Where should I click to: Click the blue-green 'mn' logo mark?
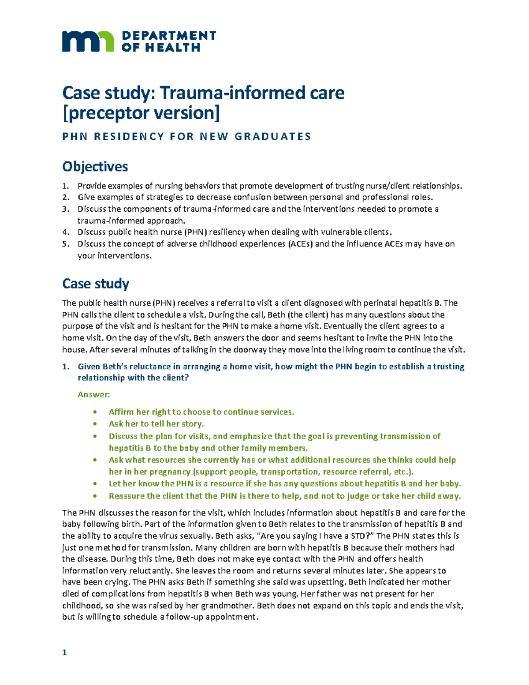click(87, 41)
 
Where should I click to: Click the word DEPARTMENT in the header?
click(168, 36)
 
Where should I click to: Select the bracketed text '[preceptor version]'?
click(141, 113)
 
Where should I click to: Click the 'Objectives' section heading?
click(95, 167)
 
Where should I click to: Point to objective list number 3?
click(66, 209)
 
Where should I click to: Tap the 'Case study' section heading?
click(95, 284)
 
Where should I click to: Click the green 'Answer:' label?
click(93, 394)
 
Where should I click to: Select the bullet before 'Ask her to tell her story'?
click(95, 424)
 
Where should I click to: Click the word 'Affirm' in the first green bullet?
click(121, 412)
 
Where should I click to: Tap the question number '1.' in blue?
click(66, 367)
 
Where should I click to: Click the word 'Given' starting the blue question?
click(89, 367)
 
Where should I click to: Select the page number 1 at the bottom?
click(64, 652)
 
